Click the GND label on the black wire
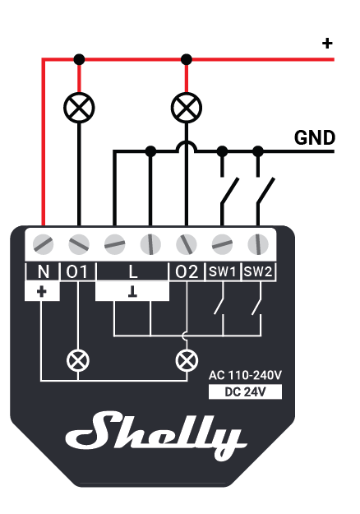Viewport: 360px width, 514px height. click(315, 137)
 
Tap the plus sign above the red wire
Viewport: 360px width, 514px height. click(327, 44)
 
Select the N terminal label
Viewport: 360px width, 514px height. click(44, 271)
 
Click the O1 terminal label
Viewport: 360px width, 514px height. click(77, 271)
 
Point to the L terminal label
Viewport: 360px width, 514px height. click(132, 271)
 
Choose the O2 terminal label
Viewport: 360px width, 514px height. click(187, 271)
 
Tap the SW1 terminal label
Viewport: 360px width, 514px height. click(223, 271)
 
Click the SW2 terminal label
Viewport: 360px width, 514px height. click(258, 271)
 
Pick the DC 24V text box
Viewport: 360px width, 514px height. click(245, 391)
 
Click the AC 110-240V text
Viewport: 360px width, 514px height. click(245, 375)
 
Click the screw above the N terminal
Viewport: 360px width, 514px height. click(44, 244)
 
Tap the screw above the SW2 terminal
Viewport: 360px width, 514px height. click(258, 244)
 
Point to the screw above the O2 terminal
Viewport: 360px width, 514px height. click(187, 244)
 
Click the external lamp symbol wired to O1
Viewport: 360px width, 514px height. click(79, 108)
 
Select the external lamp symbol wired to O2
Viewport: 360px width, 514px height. click(187, 108)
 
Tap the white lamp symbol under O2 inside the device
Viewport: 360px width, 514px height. click(187, 360)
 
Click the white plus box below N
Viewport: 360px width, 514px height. click(42, 291)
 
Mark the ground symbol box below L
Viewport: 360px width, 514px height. click(132, 291)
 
